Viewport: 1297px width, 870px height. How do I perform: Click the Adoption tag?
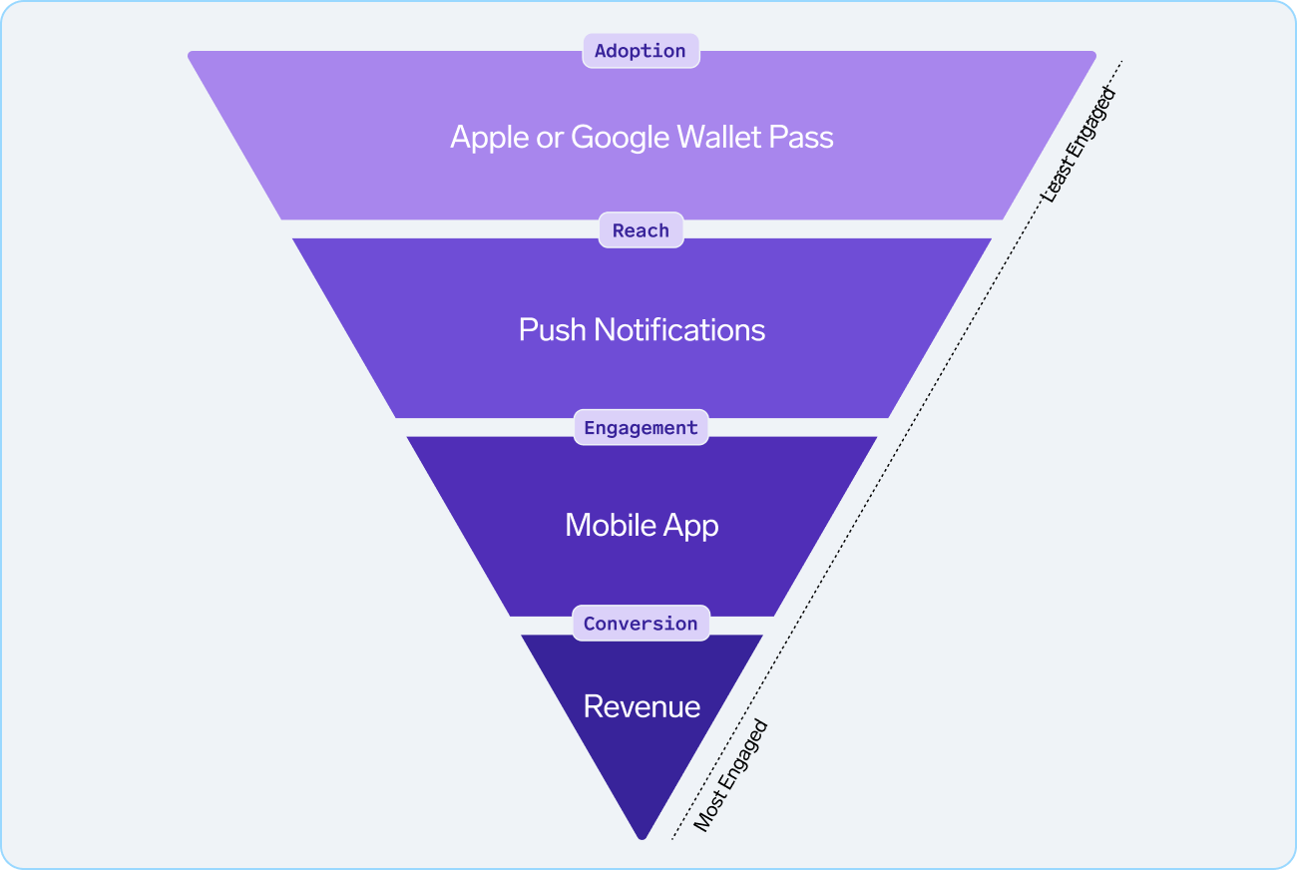coord(641,51)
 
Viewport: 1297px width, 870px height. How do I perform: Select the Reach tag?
coord(641,230)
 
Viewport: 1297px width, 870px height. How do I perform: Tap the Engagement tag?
coord(641,428)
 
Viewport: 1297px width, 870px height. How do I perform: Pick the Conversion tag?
coord(641,624)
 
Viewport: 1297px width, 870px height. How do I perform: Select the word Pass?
coord(802,137)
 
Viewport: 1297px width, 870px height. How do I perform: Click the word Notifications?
coord(679,330)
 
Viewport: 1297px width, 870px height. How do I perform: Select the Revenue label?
coord(642,706)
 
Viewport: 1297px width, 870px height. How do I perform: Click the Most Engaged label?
coord(730,775)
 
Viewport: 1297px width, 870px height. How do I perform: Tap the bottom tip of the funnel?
coord(642,836)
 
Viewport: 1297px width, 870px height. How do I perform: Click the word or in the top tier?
coord(550,138)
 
